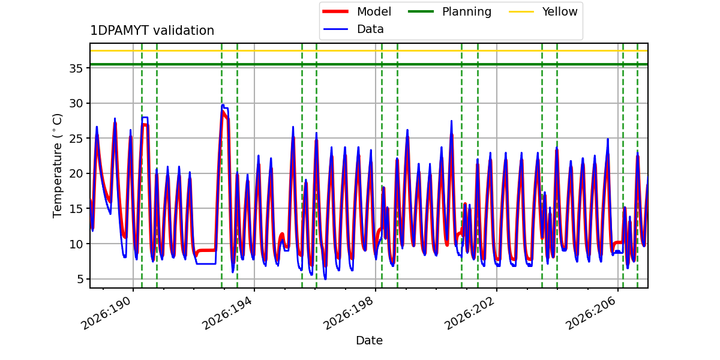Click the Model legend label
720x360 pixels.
click(374, 11)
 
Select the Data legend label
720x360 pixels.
click(370, 29)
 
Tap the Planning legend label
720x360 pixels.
click(467, 12)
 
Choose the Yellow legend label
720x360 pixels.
click(560, 11)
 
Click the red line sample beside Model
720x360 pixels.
click(335, 11)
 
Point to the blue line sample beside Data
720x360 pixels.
click(335, 29)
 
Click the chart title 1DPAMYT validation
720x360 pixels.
click(152, 31)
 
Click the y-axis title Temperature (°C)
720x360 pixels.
click(57, 166)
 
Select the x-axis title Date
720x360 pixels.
click(369, 340)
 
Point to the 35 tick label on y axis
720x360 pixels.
click(76, 68)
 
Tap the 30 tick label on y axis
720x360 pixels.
click(76, 103)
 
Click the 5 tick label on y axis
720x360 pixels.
click(80, 279)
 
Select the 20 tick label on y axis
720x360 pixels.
click(76, 173)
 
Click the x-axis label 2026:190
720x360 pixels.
click(107, 313)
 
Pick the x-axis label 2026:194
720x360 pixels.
click(228, 313)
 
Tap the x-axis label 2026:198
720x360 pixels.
click(349, 313)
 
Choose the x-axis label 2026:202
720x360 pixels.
click(470, 313)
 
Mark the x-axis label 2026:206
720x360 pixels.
click(592, 313)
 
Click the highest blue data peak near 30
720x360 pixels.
click(223, 105)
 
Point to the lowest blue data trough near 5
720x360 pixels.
click(325, 279)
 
